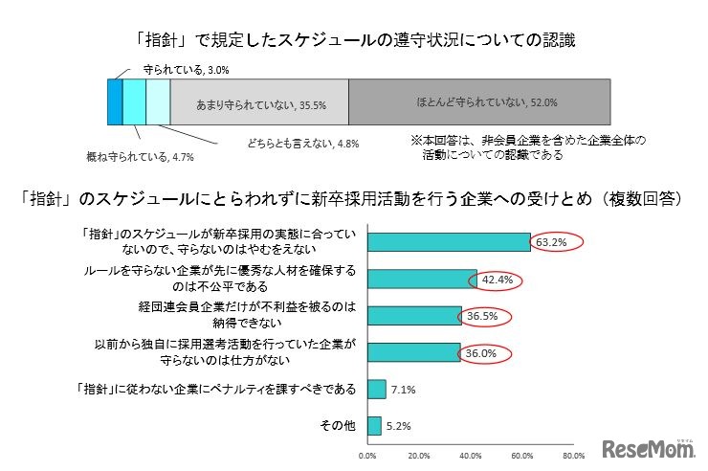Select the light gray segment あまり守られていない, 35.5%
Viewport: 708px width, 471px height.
click(x=258, y=101)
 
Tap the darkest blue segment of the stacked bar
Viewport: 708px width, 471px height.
click(x=115, y=101)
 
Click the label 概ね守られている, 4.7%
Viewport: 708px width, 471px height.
click(x=127, y=155)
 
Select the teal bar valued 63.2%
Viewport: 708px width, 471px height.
click(x=448, y=243)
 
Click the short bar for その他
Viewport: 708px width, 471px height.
click(x=374, y=426)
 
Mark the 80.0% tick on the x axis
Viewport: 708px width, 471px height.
click(x=573, y=456)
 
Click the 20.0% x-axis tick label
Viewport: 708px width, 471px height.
click(x=418, y=456)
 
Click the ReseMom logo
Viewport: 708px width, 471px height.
click(x=647, y=447)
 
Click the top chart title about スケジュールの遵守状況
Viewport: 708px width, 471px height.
click(x=355, y=41)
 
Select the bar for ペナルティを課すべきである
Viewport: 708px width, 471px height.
click(x=376, y=390)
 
